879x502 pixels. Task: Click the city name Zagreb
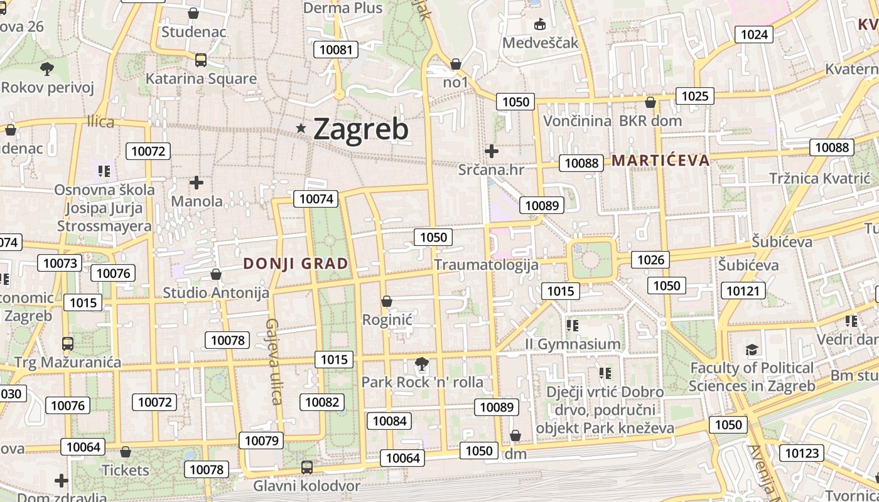(360, 129)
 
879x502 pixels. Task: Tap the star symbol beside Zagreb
(301, 129)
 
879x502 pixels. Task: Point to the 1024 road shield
(754, 35)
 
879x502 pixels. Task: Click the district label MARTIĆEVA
(661, 160)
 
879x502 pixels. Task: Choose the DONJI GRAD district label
(295, 264)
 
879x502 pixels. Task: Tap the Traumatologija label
(486, 264)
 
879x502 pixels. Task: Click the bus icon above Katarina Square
(201, 60)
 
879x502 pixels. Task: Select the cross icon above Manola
(197, 183)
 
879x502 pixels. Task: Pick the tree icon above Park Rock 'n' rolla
(422, 364)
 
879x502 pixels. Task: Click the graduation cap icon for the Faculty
(752, 350)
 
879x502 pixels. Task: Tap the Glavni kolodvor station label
(306, 486)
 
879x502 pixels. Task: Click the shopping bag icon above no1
(456, 64)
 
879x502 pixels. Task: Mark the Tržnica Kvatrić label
(820, 178)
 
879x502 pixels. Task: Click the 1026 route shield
(650, 260)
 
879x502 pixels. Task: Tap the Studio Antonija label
(216, 292)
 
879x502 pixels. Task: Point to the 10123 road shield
(802, 453)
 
